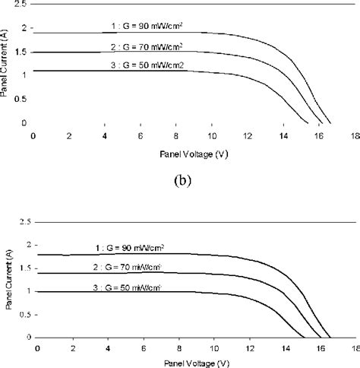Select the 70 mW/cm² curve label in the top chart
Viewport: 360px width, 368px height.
coord(147,47)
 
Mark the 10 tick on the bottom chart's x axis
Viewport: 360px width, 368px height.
coord(213,349)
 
